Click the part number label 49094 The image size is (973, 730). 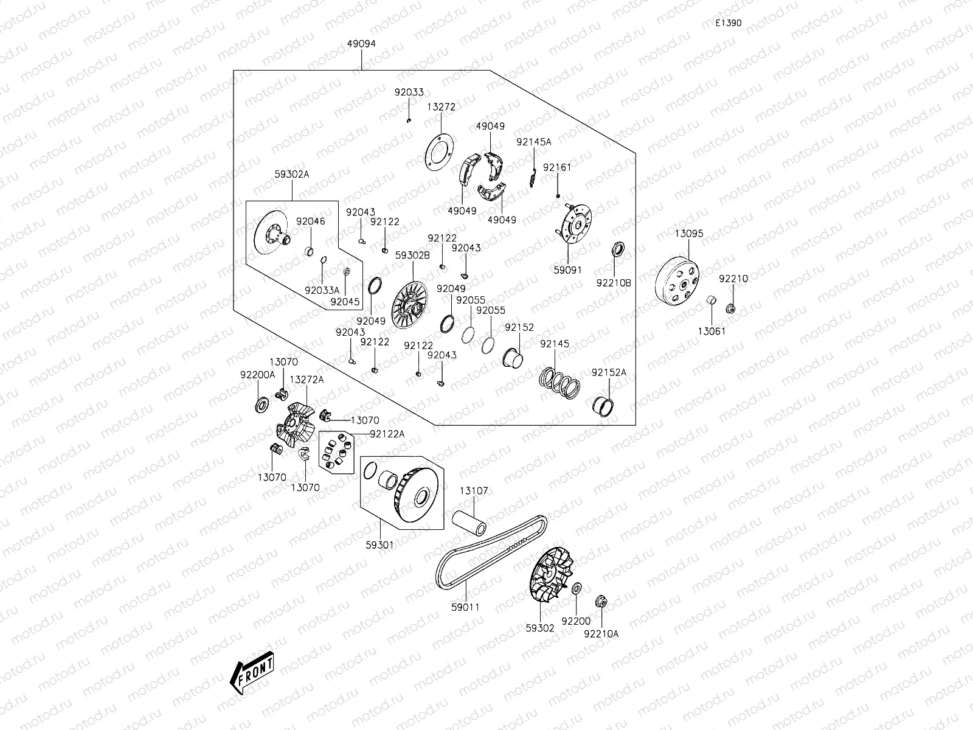click(361, 44)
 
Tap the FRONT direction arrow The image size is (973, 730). click(252, 674)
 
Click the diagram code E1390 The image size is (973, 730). click(728, 23)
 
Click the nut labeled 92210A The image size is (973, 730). click(601, 600)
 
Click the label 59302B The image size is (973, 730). click(412, 255)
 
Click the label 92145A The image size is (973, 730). click(533, 142)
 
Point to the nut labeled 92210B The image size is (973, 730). click(615, 249)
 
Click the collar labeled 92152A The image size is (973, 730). click(603, 405)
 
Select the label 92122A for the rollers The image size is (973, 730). click(387, 434)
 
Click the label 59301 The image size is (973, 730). click(379, 545)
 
